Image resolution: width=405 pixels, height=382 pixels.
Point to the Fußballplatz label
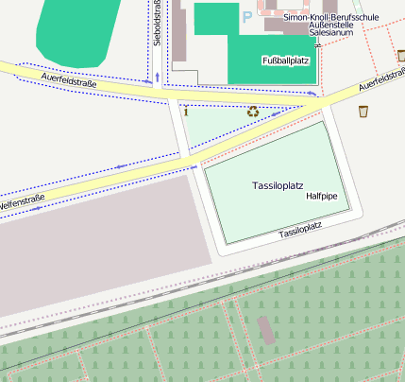[285, 61]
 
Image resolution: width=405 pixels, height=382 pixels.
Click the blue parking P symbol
[247, 16]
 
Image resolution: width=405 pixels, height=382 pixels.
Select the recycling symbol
[253, 112]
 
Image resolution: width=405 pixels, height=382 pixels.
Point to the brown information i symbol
[187, 112]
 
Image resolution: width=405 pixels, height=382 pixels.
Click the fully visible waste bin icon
[363, 112]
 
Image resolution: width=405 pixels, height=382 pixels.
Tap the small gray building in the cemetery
[267, 330]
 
